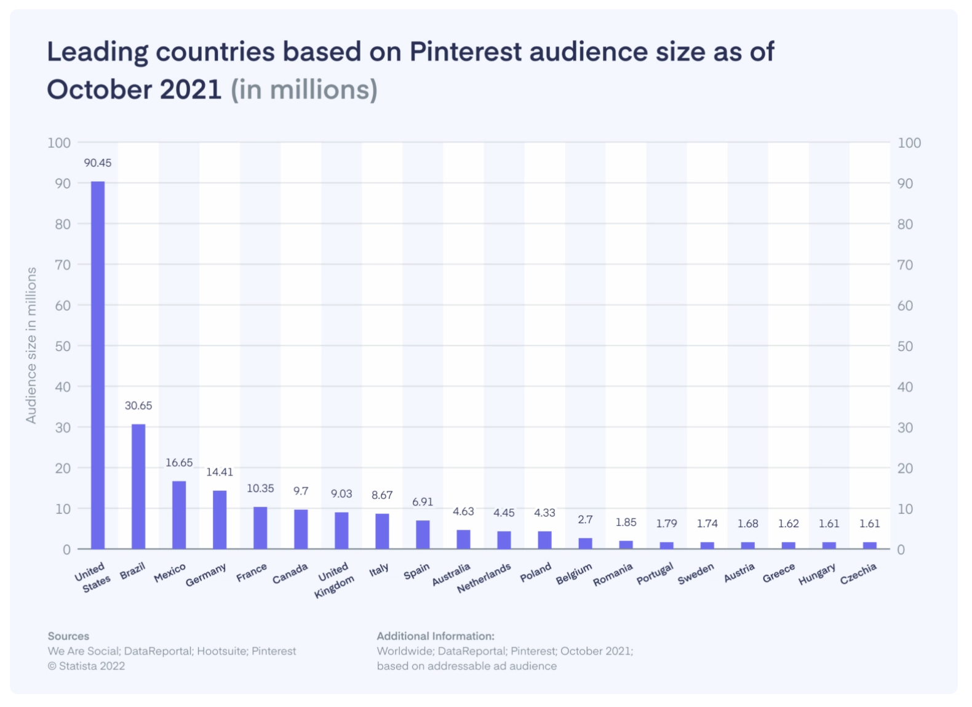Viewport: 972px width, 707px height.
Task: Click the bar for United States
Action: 98,365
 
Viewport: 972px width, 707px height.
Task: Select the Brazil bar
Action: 138,486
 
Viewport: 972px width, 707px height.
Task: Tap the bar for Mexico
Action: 179,514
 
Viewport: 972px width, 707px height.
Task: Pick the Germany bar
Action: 220,519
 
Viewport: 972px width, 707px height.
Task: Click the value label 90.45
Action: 98,163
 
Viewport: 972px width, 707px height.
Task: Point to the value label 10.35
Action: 260,488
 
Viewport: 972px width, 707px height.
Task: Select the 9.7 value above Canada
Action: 301,491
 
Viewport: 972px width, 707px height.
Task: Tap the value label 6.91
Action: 423,502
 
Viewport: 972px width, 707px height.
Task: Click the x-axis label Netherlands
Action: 484,578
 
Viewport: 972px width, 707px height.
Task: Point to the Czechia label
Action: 858,574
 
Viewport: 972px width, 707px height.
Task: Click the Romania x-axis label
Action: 613,575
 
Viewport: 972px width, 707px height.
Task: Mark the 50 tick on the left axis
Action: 63,346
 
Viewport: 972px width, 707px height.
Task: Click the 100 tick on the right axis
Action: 909,143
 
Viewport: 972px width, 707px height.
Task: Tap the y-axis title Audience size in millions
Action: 31,345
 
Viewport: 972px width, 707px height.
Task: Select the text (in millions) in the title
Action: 304,90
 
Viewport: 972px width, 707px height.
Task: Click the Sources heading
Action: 68,636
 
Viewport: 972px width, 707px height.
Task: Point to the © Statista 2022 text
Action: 86,666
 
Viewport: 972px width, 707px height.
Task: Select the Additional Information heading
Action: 436,636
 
